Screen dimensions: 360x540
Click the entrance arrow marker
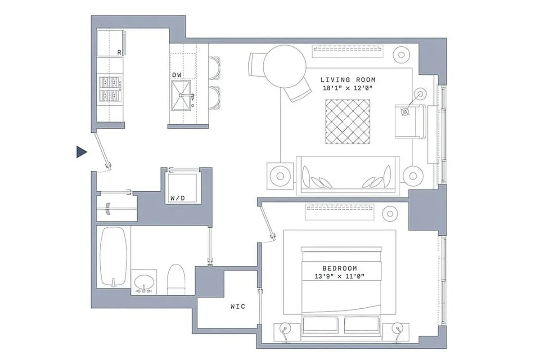point(81,153)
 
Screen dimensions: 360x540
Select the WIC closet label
point(238,306)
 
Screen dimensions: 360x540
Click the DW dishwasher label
point(176,74)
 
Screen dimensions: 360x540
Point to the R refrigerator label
point(119,53)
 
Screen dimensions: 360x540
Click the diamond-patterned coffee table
point(348,121)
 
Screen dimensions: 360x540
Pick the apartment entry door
point(103,149)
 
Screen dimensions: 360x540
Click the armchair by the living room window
point(409,121)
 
